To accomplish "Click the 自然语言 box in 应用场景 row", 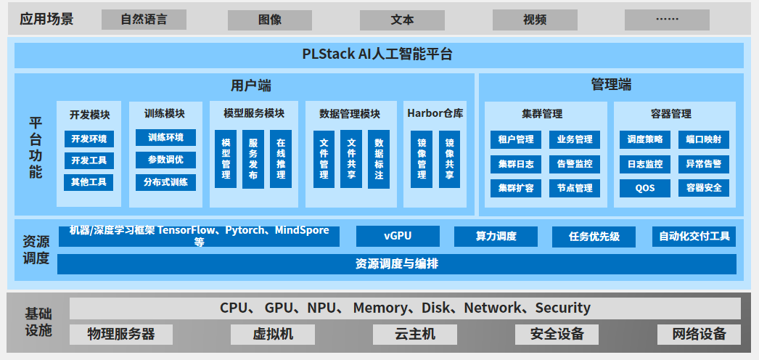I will click(144, 20).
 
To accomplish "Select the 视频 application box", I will click(535, 20).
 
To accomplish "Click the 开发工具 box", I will click(89, 160).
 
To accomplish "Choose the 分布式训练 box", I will click(165, 181).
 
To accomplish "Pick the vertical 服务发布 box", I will click(253, 159).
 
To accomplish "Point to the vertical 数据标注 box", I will click(378, 159).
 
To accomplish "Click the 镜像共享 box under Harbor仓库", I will click(449, 159).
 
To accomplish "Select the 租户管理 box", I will click(515, 139).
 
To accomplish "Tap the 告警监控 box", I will click(574, 164).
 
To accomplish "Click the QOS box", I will click(644, 188).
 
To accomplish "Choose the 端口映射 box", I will click(703, 139).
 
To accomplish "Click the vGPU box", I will click(398, 236).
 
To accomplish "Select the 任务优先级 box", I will click(594, 237).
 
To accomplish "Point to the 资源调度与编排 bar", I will click(396, 263).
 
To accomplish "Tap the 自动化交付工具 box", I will click(694, 236).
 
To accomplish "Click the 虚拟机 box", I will click(272, 334).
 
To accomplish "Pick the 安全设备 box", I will click(557, 334).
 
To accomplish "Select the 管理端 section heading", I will click(611, 85).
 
